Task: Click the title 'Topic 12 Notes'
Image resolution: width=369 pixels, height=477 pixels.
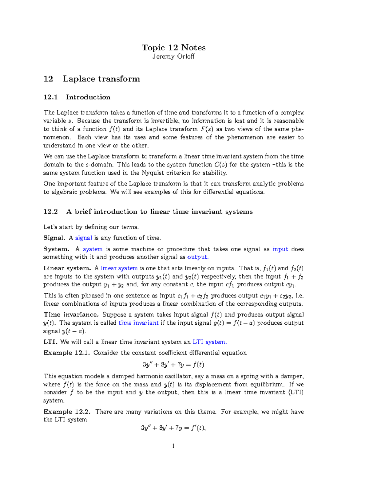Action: [173, 48]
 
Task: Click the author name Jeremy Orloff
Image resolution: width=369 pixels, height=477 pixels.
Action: [173, 57]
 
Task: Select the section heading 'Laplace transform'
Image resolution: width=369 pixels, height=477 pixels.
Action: [101, 79]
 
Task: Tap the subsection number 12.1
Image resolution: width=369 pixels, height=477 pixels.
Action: [51, 97]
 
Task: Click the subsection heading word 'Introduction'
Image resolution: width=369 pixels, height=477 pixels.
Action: [88, 97]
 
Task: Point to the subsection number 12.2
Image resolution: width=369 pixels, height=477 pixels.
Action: [51, 212]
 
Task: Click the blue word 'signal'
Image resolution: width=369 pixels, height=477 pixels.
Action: [84, 238]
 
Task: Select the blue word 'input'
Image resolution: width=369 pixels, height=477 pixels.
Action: [280, 249]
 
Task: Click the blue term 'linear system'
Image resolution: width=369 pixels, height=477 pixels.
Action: [119, 268]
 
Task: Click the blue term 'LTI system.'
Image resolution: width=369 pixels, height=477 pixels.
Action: [209, 342]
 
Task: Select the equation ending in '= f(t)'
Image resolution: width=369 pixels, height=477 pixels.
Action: [173, 365]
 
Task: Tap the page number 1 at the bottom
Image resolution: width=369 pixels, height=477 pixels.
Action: [173, 446]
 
